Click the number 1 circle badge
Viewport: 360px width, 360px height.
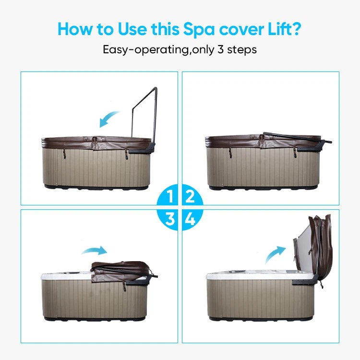pyautogui.click(x=170, y=197)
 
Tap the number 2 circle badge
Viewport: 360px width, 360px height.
pyautogui.click(x=190, y=197)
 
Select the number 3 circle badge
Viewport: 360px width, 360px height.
pyautogui.click(x=170, y=219)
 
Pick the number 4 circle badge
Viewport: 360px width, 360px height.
pyautogui.click(x=190, y=219)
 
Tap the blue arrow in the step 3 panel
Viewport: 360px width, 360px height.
pyautogui.click(x=94, y=251)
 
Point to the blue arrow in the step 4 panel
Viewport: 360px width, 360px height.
pyautogui.click(x=276, y=252)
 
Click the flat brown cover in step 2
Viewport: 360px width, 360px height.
pyautogui.click(x=254, y=141)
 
